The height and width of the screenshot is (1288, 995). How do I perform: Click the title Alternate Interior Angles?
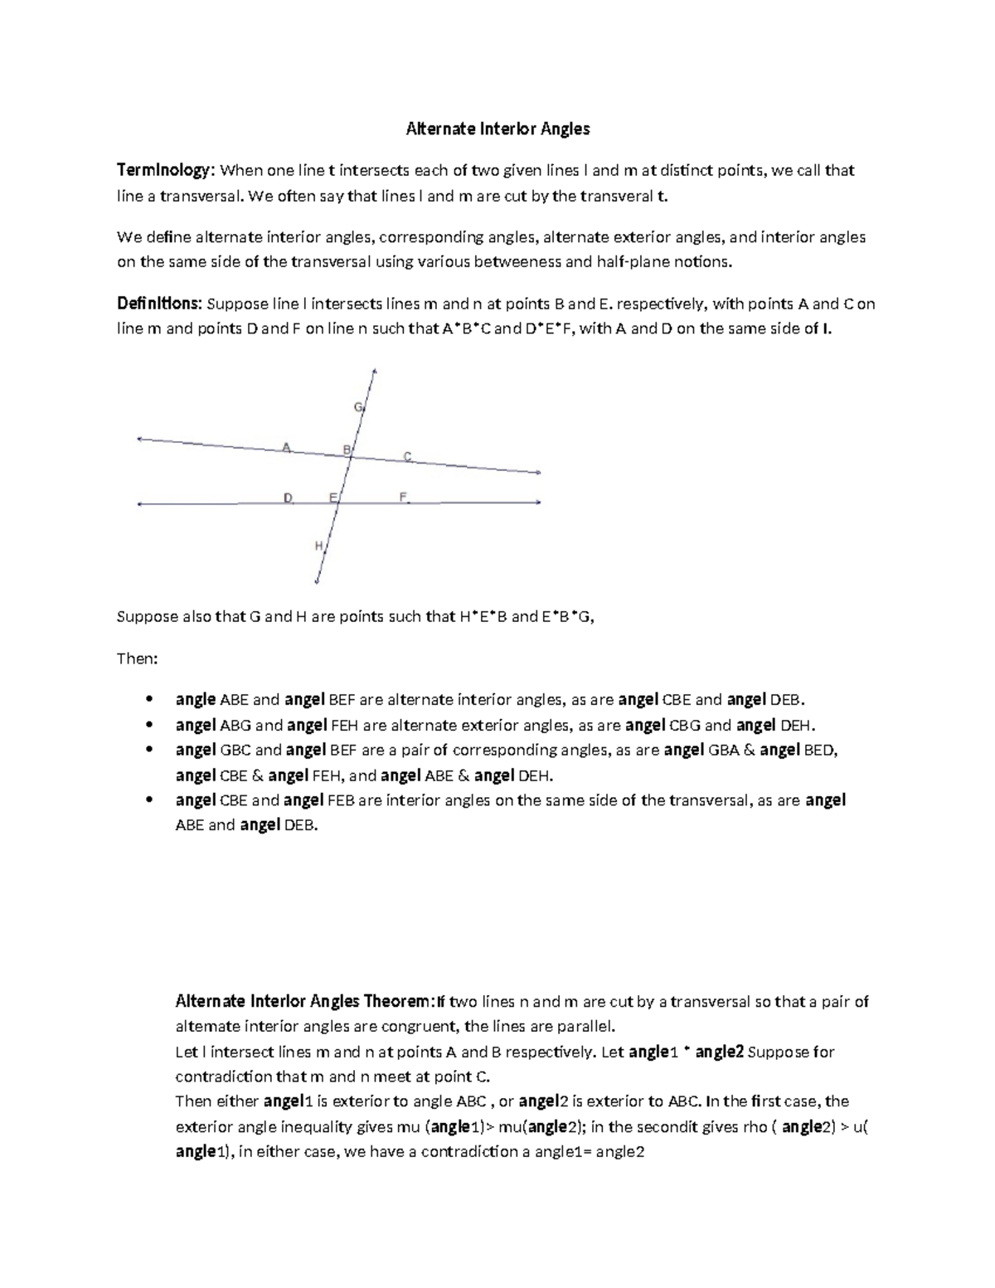click(x=497, y=129)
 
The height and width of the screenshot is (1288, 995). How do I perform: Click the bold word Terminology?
click(x=165, y=171)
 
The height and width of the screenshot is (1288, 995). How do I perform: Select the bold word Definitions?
click(x=159, y=304)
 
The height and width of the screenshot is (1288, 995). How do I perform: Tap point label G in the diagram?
click(x=358, y=407)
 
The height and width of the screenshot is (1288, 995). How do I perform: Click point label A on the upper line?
click(x=286, y=447)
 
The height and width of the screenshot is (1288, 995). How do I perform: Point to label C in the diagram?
click(x=407, y=456)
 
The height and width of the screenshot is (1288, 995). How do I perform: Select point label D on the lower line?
click(x=288, y=498)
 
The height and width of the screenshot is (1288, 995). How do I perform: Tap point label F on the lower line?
click(x=403, y=497)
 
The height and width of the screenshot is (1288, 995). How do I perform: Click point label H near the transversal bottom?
click(x=318, y=546)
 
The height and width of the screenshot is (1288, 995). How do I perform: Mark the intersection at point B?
click(x=352, y=454)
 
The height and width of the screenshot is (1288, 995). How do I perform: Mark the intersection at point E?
click(x=339, y=503)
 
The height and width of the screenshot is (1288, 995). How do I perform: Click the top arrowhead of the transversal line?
click(x=375, y=371)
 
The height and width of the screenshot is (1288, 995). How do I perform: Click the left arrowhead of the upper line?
click(x=140, y=439)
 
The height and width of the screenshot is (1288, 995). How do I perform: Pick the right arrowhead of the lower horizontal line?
click(x=539, y=503)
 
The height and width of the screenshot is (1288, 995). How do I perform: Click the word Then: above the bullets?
click(x=137, y=659)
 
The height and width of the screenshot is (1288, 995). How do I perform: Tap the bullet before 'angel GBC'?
click(x=148, y=750)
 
